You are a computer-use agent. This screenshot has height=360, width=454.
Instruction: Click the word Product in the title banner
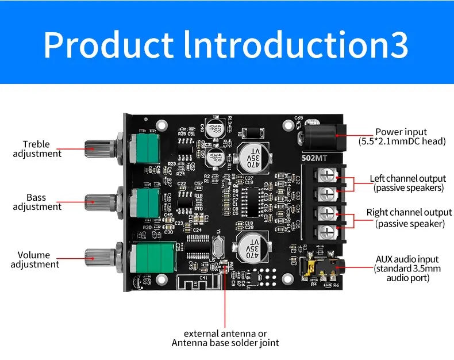pos(108,45)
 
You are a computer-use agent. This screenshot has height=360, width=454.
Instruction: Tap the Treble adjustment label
pos(37,149)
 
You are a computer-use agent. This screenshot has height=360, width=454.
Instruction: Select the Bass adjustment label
pos(37,202)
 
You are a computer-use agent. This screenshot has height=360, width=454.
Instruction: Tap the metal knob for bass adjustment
pos(98,201)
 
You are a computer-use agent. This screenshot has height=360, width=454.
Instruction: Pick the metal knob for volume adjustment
pos(98,257)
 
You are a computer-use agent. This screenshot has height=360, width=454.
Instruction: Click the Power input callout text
pos(402,136)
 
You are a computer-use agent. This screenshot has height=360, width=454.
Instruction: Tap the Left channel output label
pos(408,183)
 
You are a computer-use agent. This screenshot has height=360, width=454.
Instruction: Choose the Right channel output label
pos(409,218)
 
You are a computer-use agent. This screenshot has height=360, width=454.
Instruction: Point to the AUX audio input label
pos(407,269)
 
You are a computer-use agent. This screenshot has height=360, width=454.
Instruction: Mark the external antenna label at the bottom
pos(225,338)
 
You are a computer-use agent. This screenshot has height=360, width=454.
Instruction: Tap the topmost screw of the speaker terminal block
pos(326,175)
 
